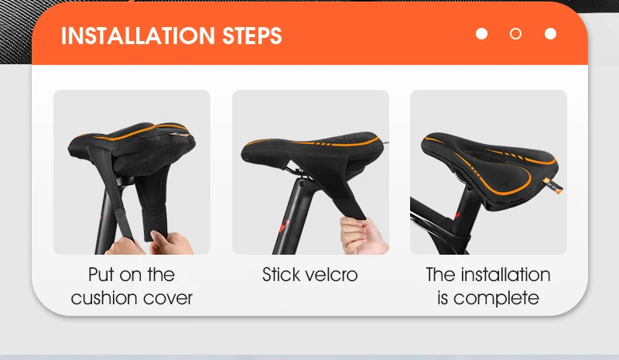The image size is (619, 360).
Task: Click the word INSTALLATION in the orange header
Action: [138, 36]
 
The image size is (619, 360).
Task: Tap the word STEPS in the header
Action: [252, 36]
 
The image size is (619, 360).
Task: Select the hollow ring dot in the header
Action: [515, 34]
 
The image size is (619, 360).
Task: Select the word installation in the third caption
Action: [505, 275]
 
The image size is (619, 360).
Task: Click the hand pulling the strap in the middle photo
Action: [361, 236]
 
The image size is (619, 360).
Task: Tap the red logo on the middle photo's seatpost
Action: [284, 226]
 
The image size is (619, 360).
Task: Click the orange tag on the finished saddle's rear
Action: [553, 186]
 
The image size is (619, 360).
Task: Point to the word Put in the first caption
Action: [101, 275]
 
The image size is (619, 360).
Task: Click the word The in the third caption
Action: [440, 275]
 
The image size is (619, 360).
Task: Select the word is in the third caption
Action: [443, 298]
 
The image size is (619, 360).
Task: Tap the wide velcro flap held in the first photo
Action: [152, 205]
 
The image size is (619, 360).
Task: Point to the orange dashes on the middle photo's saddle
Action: [323, 144]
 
